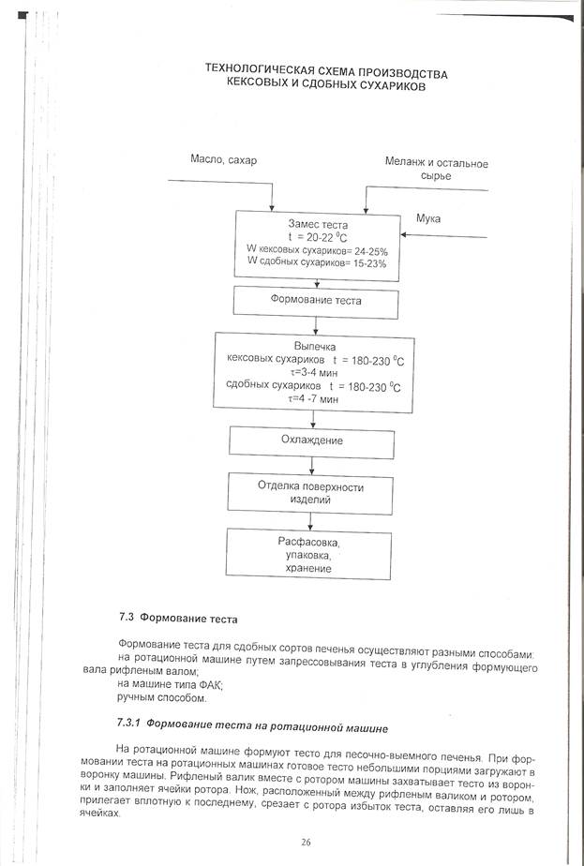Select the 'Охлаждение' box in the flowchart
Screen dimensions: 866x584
313,440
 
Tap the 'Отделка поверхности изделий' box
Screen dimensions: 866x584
313,492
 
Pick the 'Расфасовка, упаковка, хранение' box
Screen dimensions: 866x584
313,555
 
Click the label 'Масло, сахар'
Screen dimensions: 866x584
222,160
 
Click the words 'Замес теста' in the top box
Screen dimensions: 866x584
315,226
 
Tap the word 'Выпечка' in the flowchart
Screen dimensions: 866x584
314,346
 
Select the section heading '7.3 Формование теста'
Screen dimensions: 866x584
178,619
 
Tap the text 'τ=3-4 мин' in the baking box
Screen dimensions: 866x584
313,372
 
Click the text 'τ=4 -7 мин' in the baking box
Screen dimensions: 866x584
313,398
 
